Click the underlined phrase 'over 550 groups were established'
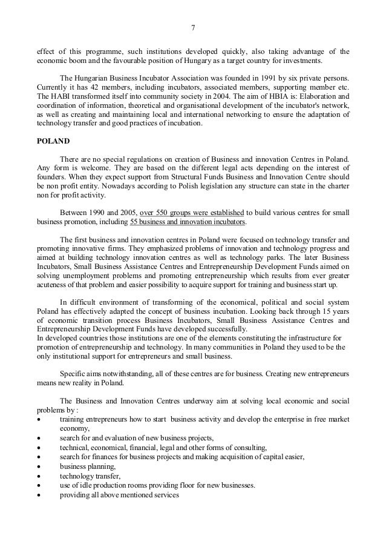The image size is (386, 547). pyautogui.click(x=192, y=213)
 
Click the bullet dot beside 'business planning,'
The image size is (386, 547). pyautogui.click(x=39, y=467)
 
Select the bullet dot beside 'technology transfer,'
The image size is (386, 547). pyautogui.click(x=39, y=476)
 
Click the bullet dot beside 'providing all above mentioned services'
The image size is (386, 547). pyautogui.click(x=39, y=496)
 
